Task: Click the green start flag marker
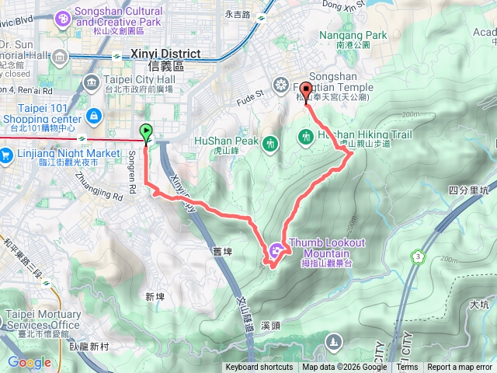[146, 131]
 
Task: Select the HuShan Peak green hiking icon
[270, 143]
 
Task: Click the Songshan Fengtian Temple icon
[280, 84]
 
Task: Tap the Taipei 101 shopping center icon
[94, 117]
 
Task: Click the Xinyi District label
[165, 54]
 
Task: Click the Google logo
[29, 362]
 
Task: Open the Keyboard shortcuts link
[259, 368]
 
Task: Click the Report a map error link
[459, 368]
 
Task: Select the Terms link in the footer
[407, 368]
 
